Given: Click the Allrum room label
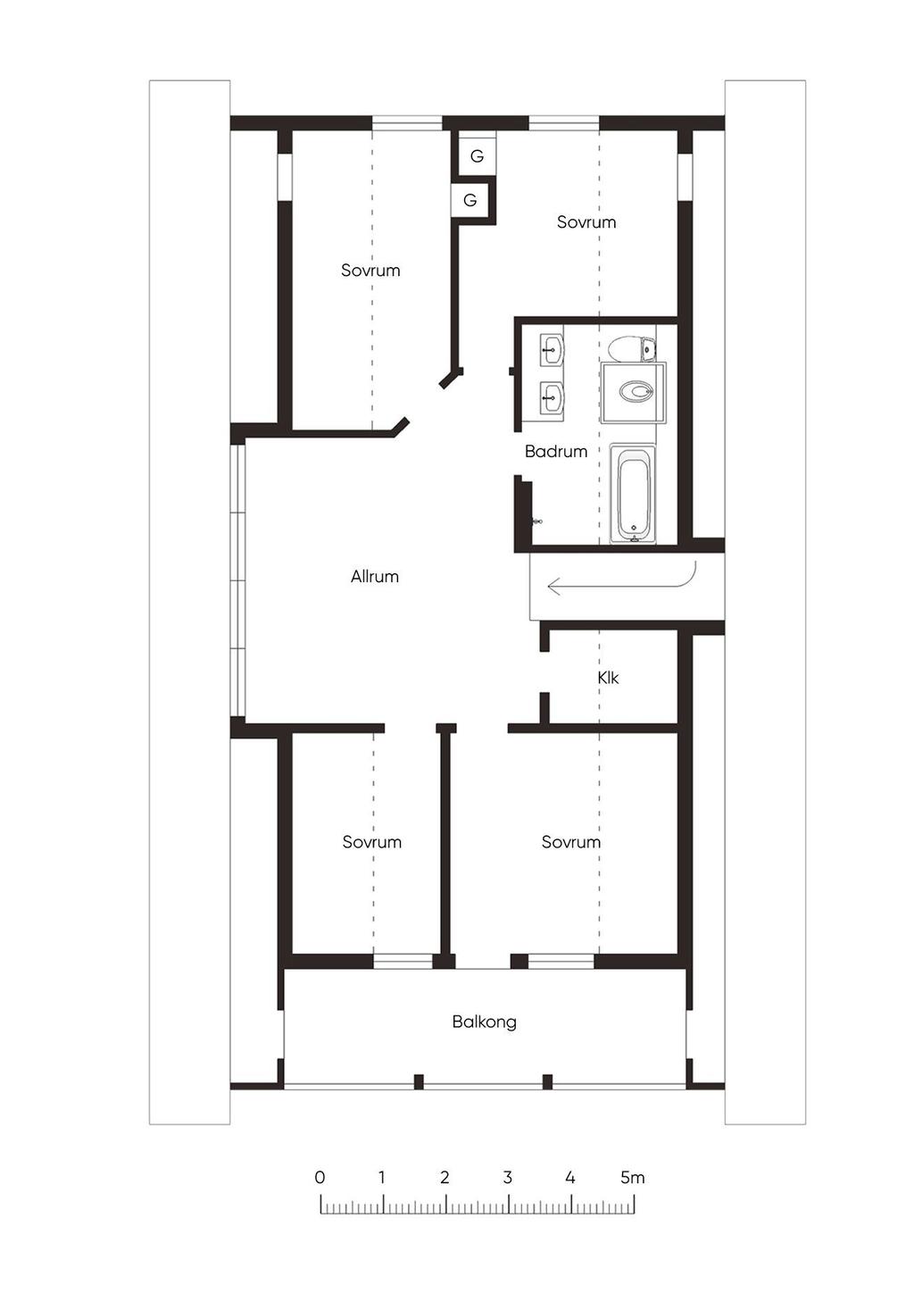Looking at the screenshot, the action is coord(375,576).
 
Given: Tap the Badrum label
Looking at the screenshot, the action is coord(556,451).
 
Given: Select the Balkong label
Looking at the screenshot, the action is coord(484,1022).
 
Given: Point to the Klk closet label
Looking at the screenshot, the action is coord(608,678).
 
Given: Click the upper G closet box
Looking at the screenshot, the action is coord(478,156).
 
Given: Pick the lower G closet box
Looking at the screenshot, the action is coord(470,200).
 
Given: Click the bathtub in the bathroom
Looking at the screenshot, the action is coord(633,494).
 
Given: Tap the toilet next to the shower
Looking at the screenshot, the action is coord(633,348).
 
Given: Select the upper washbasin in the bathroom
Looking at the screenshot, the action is coord(553,349).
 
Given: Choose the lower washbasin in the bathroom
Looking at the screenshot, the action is coord(553,397).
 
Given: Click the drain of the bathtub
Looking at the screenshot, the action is coord(634,528).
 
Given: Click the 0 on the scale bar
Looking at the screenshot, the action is coord(320,1178).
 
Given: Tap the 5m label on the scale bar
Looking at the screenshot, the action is coord(633,1178).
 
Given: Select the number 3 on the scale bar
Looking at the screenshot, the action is coord(508,1178).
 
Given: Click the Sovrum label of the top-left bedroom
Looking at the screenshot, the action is coord(370,271).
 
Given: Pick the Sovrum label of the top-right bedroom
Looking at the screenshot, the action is coord(586,221).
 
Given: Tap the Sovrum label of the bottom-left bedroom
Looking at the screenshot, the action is coord(371,841).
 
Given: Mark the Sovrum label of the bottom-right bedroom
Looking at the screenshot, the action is coord(570,841).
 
